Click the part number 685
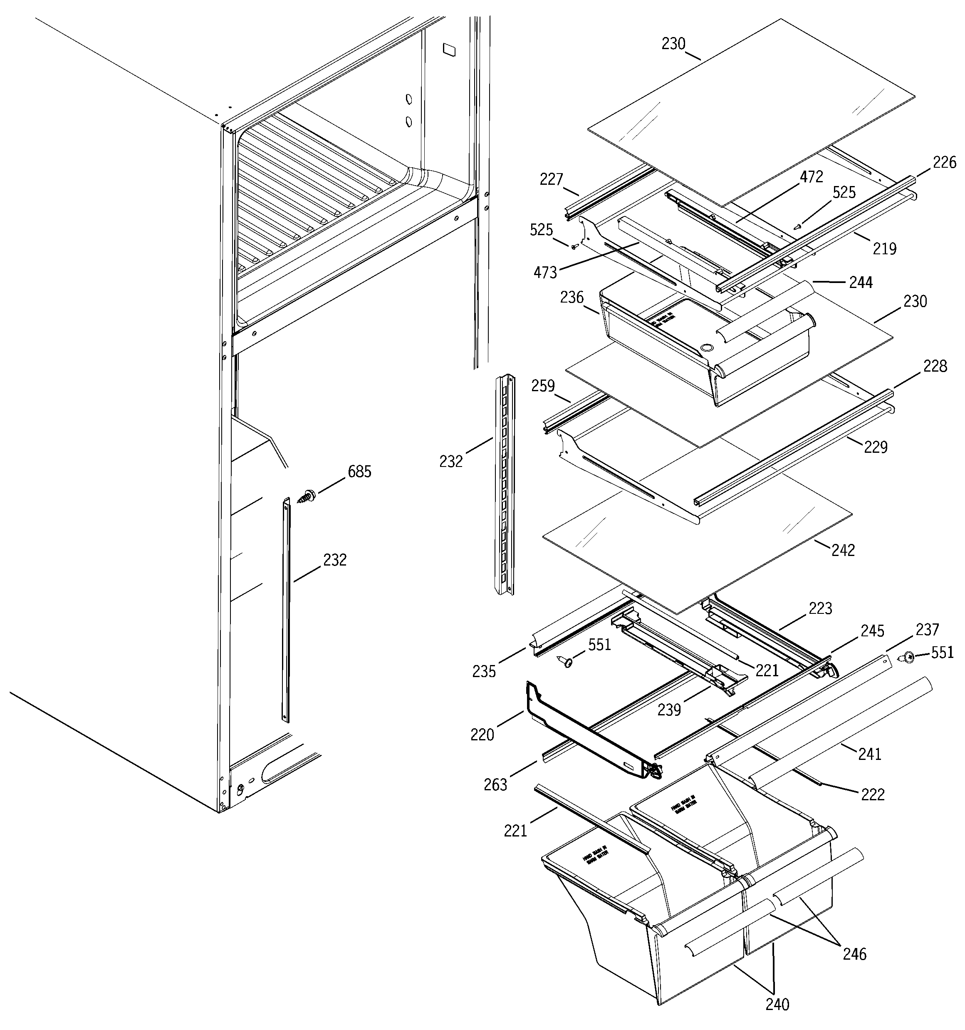(x=359, y=472)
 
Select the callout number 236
(x=572, y=298)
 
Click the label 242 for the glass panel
(x=843, y=550)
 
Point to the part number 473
(x=545, y=273)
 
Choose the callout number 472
(x=811, y=177)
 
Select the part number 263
(x=495, y=785)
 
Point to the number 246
(x=854, y=954)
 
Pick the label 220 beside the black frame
(x=482, y=735)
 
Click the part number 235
(x=484, y=671)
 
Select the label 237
(x=927, y=630)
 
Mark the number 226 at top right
(x=944, y=163)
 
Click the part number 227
(x=551, y=179)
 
